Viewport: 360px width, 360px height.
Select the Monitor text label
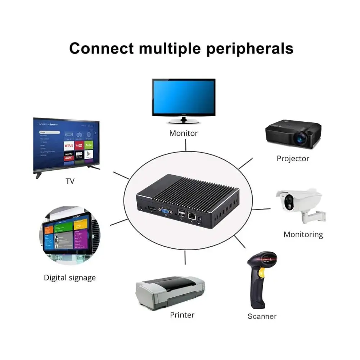pos(184,133)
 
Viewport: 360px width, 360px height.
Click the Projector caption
pos(293,158)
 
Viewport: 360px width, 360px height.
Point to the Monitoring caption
pos(303,234)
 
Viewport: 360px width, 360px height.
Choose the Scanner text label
pos(262,316)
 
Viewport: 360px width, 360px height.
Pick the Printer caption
pos(182,315)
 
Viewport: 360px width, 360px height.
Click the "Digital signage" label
pos(70,278)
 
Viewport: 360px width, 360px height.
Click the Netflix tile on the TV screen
pos(69,145)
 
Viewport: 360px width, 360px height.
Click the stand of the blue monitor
pos(184,120)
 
